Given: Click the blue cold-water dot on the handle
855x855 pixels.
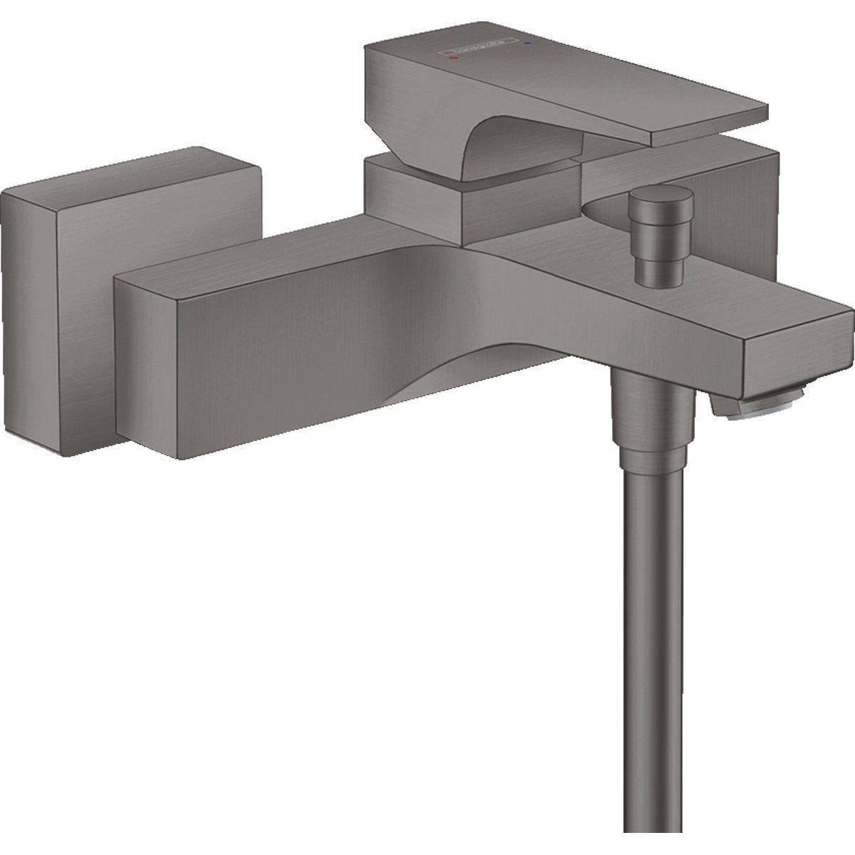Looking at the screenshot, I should tap(527, 43).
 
